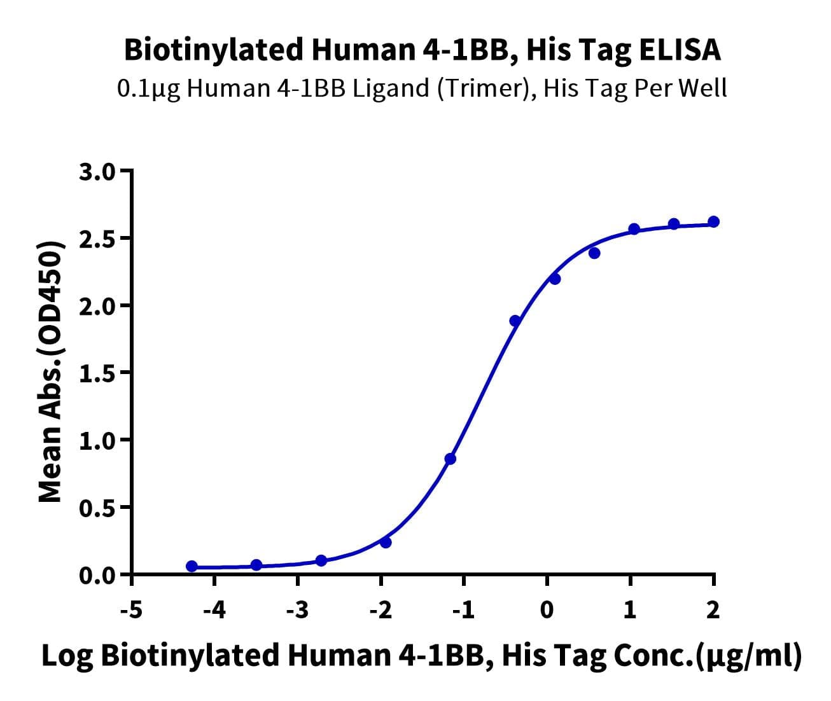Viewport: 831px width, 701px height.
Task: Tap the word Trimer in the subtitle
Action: (x=485, y=88)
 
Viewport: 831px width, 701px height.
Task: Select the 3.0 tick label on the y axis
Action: (x=97, y=172)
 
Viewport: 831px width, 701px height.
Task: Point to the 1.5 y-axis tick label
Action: (x=97, y=373)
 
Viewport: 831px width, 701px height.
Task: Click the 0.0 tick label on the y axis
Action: (x=97, y=576)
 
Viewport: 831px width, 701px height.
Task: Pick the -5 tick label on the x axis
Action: (x=131, y=610)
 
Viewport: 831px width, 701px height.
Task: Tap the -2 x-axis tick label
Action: (x=381, y=610)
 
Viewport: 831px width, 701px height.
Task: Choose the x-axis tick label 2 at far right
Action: (x=713, y=610)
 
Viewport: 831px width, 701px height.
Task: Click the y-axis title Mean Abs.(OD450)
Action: (x=50, y=371)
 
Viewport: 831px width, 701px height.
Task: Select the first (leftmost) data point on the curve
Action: (x=192, y=566)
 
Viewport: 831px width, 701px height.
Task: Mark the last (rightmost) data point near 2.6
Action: (x=713, y=221)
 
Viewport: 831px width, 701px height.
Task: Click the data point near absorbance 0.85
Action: (x=450, y=459)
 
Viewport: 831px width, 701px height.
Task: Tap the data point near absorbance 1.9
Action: (x=515, y=321)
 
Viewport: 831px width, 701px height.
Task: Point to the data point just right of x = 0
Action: (x=555, y=279)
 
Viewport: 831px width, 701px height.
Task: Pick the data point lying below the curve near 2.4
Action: (x=594, y=253)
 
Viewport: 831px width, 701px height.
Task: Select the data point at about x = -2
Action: (x=385, y=542)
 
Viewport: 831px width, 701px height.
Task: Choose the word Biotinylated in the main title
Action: (x=214, y=50)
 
